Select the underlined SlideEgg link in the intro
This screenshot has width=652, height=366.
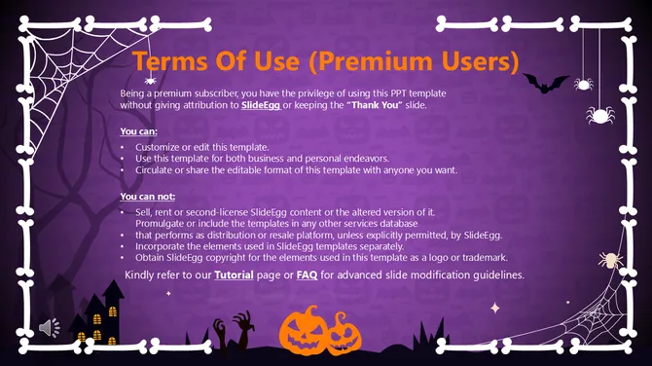click(x=260, y=103)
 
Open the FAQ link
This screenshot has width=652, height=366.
click(x=307, y=275)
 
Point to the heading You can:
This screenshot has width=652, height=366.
click(x=138, y=129)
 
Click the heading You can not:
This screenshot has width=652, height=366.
click(x=148, y=197)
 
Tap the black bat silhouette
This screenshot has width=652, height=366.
click(x=545, y=85)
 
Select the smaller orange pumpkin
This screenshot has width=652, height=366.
click(x=342, y=337)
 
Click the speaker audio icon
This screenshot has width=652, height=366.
click(x=49, y=328)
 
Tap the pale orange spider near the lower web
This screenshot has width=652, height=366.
click(x=610, y=260)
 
